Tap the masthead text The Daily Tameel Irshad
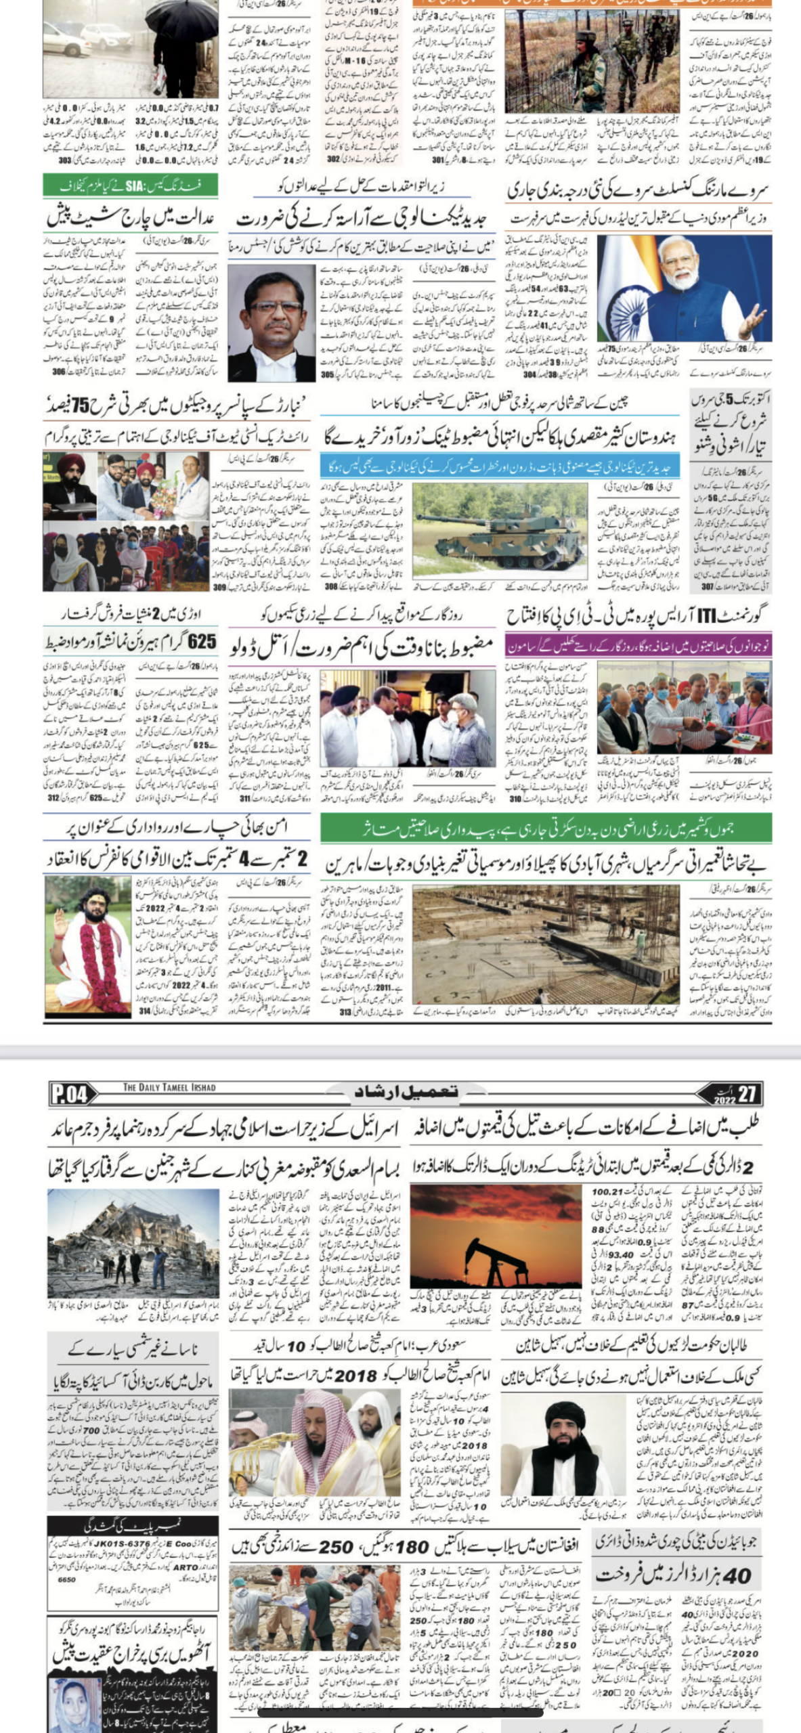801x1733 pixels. coord(169,1088)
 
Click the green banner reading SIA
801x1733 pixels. coord(131,185)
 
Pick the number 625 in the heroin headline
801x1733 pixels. coord(201,642)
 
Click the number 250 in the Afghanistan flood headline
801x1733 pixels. coord(337,1548)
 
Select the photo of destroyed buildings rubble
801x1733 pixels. coord(133,1244)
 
